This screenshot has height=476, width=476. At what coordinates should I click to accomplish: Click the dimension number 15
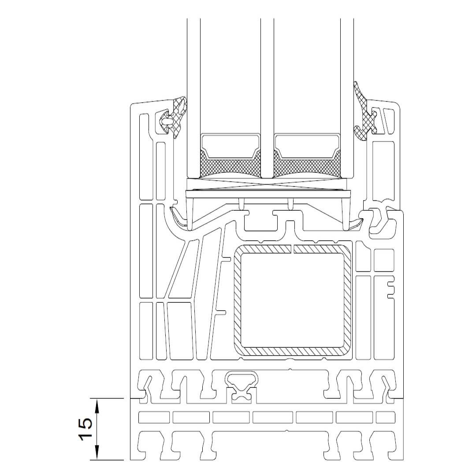coord(86,429)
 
